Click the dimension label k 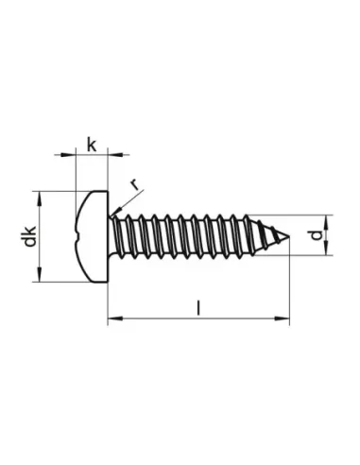point(91,144)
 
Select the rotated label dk point(32,236)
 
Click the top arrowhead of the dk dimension point(39,195)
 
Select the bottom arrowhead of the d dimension point(326,251)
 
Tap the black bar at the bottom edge point(180,440)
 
